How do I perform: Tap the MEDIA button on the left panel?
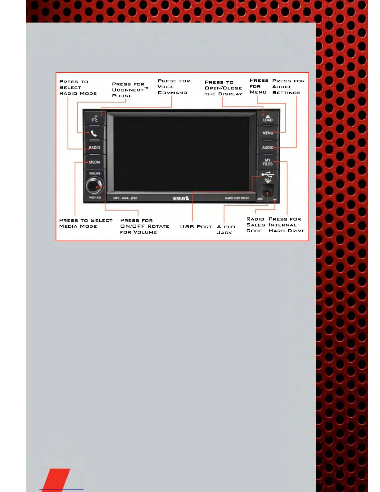tap(94, 162)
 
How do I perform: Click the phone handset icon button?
tap(94, 134)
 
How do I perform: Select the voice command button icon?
tap(95, 119)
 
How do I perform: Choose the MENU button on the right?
tap(268, 133)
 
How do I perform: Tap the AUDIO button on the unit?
tap(268, 148)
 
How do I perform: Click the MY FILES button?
tap(268, 162)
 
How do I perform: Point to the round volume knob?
tap(94, 186)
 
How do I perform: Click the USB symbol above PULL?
tap(268, 174)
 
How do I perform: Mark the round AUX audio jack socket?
tap(267, 193)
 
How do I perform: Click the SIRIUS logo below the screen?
tap(181, 198)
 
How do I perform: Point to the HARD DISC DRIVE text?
tap(237, 198)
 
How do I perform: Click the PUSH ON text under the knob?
tap(95, 198)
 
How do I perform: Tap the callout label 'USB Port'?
tap(196, 227)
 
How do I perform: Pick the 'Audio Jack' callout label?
tap(226, 230)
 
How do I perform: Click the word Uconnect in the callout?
tap(128, 90)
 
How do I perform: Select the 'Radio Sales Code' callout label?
tap(256, 225)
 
